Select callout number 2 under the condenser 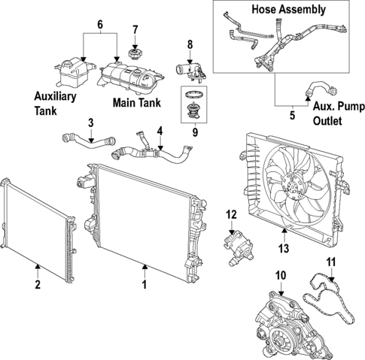pos(37,285)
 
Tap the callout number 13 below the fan pos(284,247)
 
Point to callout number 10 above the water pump pos(281,275)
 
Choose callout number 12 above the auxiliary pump pos(232,215)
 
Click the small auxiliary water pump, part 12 pos(233,244)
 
